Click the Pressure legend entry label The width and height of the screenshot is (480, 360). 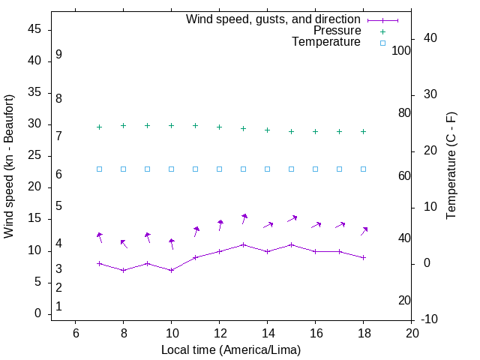(x=337, y=31)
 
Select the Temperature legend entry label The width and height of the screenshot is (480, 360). (x=326, y=43)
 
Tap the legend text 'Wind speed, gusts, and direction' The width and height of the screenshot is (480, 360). (x=274, y=19)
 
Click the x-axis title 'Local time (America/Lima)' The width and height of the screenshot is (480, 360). (x=231, y=349)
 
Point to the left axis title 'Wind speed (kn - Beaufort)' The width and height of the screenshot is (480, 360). (x=9, y=166)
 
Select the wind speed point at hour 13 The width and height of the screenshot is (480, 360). (x=244, y=244)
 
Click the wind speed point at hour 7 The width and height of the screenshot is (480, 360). (x=99, y=263)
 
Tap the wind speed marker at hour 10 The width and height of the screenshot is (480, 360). (x=172, y=270)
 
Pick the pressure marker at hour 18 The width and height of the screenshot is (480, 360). (x=364, y=131)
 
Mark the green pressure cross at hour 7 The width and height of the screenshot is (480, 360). (x=99, y=127)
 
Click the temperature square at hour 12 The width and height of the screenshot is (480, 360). (x=220, y=169)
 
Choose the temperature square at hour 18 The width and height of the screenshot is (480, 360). (x=364, y=169)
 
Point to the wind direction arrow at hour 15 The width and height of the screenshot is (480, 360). (x=292, y=218)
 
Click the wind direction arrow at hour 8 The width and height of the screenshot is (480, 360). (x=124, y=244)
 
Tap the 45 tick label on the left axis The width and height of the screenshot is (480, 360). (x=34, y=30)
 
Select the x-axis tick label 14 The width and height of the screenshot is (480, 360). (x=268, y=333)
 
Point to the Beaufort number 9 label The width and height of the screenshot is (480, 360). (x=58, y=55)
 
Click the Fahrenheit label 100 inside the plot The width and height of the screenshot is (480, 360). (x=401, y=50)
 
